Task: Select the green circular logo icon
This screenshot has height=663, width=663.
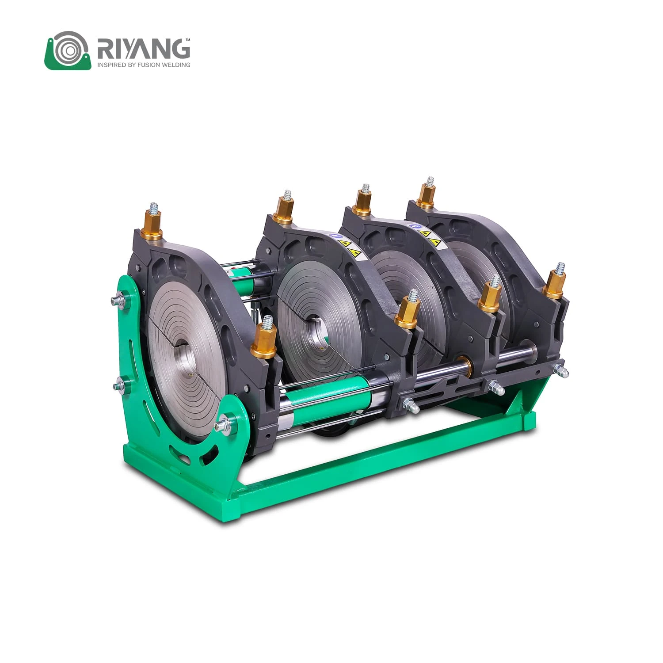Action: click(x=68, y=50)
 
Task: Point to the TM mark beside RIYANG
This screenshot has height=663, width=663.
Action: click(x=187, y=40)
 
